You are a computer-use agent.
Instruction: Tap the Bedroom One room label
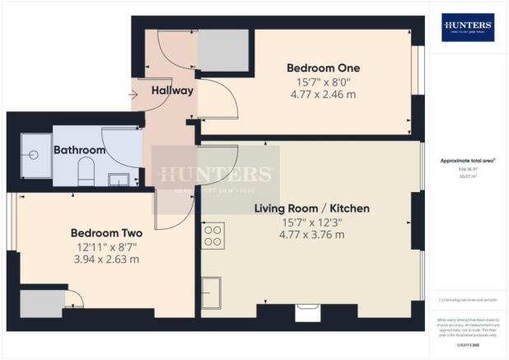coord(312,67)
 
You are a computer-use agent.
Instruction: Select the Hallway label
coord(172,91)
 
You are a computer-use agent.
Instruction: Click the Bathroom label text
coord(80,151)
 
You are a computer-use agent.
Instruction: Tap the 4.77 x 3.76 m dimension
coord(311,235)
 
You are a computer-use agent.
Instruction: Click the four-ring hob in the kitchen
coord(214,236)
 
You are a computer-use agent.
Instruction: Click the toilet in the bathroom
coord(85,174)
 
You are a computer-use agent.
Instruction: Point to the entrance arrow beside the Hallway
coord(134,93)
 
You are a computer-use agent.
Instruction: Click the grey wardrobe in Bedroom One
coord(223,53)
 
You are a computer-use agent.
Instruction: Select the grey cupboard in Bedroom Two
coord(37,303)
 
